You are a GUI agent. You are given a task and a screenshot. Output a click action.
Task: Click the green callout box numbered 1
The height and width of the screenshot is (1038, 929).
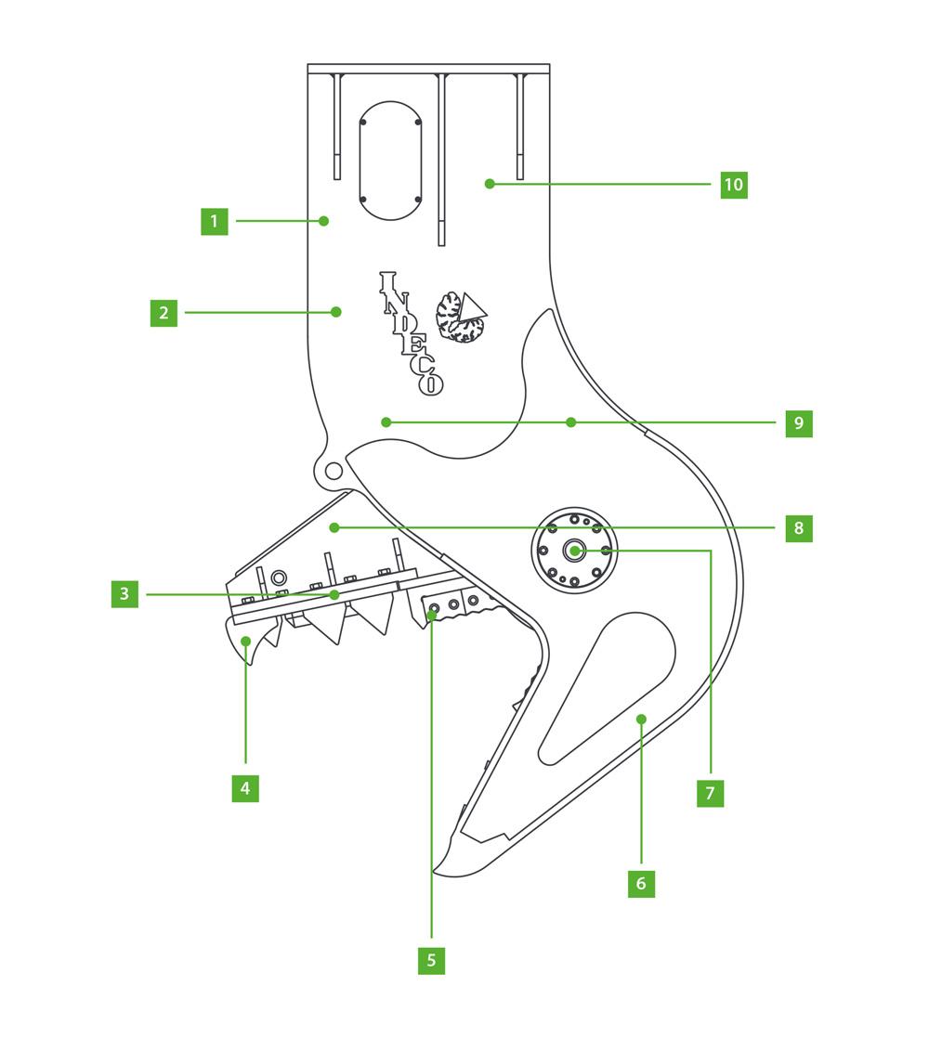(215, 221)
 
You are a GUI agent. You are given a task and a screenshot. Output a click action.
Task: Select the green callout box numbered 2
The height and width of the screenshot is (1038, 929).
(164, 313)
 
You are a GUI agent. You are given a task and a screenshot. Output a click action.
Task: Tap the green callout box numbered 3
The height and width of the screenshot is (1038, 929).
(124, 594)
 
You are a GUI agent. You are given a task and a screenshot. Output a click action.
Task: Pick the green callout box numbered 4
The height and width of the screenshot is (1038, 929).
(245, 788)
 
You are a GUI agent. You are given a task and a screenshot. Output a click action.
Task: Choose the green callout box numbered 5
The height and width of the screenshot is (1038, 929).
(431, 960)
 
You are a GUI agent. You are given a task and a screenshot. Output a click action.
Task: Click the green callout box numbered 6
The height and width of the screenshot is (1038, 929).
(641, 884)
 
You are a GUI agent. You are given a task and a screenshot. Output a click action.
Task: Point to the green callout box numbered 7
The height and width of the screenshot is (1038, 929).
(710, 793)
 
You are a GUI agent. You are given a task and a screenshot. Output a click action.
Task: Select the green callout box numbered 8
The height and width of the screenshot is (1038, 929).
(799, 528)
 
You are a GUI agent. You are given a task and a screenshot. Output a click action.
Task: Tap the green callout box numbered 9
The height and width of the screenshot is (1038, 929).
(799, 423)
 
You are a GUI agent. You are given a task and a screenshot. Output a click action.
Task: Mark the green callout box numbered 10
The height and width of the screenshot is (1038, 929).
(734, 185)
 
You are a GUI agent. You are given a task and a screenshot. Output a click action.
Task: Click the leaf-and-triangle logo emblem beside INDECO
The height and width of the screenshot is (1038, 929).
(462, 318)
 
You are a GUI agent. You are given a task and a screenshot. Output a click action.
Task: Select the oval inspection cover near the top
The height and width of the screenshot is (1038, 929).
(391, 161)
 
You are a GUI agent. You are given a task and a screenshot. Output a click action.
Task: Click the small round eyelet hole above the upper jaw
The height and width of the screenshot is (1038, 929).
(334, 473)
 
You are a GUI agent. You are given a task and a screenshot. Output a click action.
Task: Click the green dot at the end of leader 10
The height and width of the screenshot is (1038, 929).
(490, 185)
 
